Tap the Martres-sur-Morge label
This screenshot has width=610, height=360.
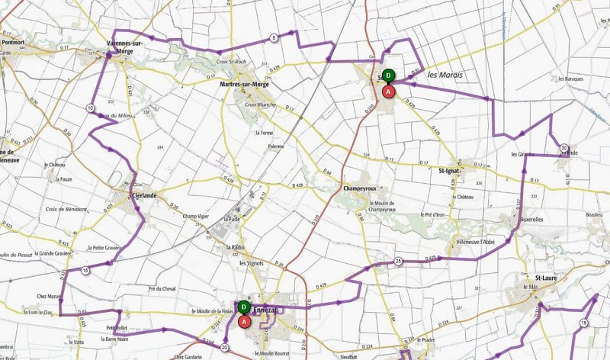coord(245,84)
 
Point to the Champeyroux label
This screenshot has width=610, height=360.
coord(361,188)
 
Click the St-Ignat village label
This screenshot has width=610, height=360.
coord(455,171)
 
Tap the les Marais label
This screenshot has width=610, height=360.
coord(445,75)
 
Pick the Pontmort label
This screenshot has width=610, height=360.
coord(14,43)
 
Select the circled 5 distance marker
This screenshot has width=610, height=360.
coord(273,38)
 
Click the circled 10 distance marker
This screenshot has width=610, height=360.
coord(91,108)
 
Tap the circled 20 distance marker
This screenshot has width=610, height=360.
coord(225,347)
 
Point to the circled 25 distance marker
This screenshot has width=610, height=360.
coord(398,262)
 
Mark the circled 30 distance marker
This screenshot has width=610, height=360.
coord(563,148)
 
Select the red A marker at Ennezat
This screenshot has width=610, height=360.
coord(244,321)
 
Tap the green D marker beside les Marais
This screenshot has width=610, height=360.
coord(388,76)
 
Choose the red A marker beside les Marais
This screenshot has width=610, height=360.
coord(388,91)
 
